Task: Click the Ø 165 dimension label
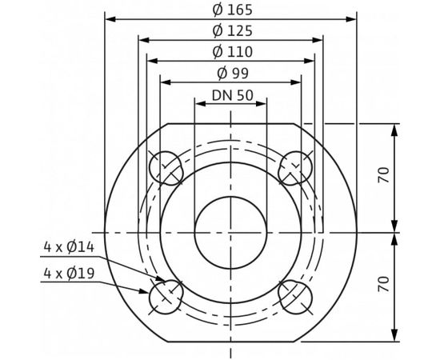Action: tap(231, 10)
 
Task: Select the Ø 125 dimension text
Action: tap(231, 31)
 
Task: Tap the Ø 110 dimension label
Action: tap(231, 52)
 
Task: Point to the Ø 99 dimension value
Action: tap(231, 73)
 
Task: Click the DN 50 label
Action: tap(231, 94)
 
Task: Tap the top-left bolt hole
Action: tap(166, 167)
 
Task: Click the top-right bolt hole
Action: tap(294, 167)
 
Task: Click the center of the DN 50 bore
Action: tap(230, 231)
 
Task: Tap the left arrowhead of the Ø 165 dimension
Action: tap(110, 18)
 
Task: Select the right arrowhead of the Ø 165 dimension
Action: tap(353, 18)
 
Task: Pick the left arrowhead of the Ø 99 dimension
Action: tap(165, 80)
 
